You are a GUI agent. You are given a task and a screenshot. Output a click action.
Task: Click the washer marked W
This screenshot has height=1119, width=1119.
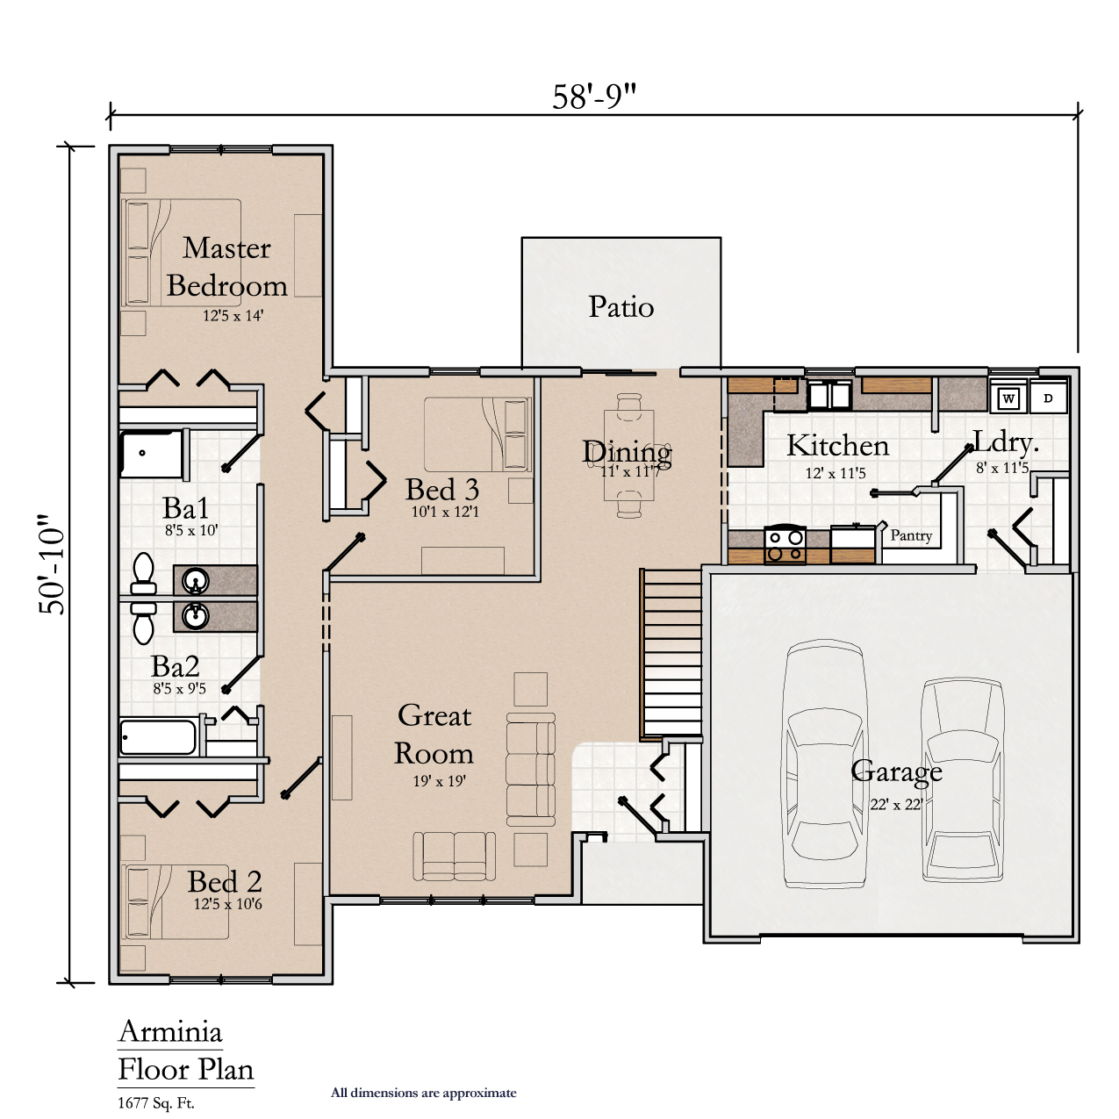(x=1008, y=398)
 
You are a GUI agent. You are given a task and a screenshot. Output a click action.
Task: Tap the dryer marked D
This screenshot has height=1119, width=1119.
(x=1048, y=398)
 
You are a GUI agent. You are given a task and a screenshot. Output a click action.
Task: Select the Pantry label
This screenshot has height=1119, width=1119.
(x=911, y=534)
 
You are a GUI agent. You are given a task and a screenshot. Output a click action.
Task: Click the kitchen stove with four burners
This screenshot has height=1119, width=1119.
(x=785, y=544)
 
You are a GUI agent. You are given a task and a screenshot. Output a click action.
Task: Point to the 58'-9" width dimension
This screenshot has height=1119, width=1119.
(x=594, y=97)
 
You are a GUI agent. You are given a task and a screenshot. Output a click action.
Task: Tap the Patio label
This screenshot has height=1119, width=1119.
(x=620, y=306)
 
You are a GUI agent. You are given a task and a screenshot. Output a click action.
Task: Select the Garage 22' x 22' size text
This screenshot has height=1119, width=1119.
(x=896, y=804)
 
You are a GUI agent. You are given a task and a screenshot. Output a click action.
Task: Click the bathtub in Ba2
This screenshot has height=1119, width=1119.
(x=158, y=737)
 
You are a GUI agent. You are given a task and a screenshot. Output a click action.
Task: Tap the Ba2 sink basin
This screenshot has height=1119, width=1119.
(x=196, y=616)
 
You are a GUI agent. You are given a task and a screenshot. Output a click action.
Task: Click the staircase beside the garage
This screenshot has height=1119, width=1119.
(x=671, y=655)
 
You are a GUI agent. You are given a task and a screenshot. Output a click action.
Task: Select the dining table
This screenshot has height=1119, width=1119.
(x=629, y=455)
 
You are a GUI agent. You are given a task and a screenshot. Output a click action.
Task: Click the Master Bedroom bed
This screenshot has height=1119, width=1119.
(x=182, y=253)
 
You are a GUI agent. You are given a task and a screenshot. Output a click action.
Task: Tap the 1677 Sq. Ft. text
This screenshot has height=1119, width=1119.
(x=156, y=1103)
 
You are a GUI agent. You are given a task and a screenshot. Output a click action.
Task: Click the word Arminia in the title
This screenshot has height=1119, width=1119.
(x=170, y=1032)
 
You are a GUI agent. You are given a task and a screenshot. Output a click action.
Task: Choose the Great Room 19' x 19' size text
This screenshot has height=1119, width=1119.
(x=440, y=781)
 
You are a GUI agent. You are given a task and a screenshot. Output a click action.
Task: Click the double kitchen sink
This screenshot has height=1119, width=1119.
(x=829, y=395)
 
